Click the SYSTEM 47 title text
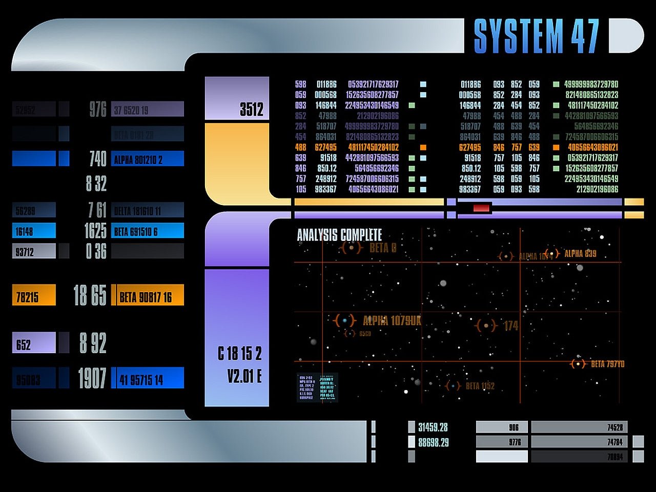tap(536, 36)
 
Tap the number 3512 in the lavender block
tap(251, 109)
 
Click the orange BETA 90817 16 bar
tap(148, 296)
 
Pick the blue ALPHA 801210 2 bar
tap(148, 159)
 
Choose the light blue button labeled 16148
tap(34, 231)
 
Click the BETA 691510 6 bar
tap(148, 231)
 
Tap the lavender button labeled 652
tap(34, 343)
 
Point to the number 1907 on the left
tap(92, 378)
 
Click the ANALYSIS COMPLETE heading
tap(339, 235)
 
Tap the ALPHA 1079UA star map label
tap(392, 321)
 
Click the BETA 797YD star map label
tap(607, 364)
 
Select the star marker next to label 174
tap(486, 325)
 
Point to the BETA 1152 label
tap(480, 386)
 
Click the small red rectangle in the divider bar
tap(481, 208)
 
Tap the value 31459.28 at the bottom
tap(433, 427)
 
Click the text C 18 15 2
tap(239, 354)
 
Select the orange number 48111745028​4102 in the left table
tap(373, 147)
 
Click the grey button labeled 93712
tap(34, 251)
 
